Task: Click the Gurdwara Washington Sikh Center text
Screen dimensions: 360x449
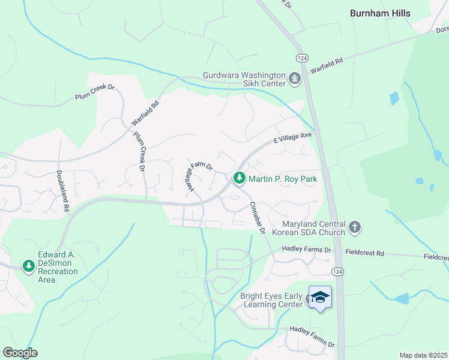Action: [x=244, y=79]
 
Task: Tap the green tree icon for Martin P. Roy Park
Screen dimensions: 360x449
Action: [x=240, y=178]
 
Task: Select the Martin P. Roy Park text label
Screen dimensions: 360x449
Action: [x=282, y=179]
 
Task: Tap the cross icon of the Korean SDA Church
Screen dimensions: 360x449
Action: [x=355, y=227]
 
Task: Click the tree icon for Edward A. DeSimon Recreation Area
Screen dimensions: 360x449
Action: [x=28, y=265]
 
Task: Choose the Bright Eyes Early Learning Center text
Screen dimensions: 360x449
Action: [x=271, y=300]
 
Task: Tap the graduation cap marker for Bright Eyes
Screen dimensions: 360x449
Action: [x=320, y=298]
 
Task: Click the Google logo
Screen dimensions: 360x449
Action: [x=20, y=353]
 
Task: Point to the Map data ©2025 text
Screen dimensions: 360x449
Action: [x=423, y=355]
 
